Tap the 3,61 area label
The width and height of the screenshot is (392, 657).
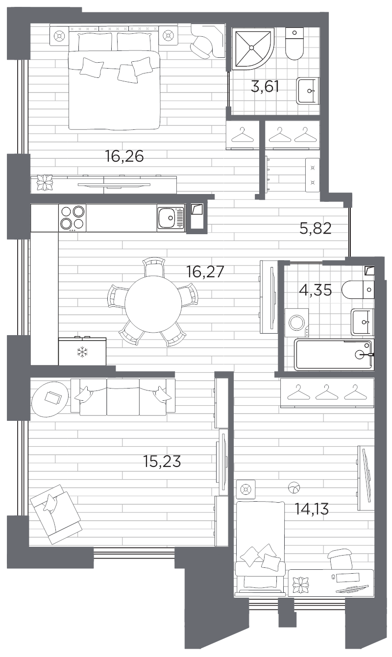pyautogui.click(x=265, y=87)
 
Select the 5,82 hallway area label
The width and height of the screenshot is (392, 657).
pyautogui.click(x=316, y=228)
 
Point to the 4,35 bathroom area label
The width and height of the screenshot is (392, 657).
pyautogui.click(x=315, y=290)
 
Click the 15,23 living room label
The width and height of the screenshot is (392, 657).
pyautogui.click(x=162, y=461)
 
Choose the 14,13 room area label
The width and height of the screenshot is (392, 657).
pyautogui.click(x=311, y=509)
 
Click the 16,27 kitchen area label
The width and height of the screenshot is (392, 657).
pyautogui.click(x=205, y=271)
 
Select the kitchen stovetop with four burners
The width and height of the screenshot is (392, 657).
pyautogui.click(x=72, y=218)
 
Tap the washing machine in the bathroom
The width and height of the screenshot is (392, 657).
pyautogui.click(x=297, y=322)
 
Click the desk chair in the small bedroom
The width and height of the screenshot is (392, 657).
pyautogui.click(x=340, y=560)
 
